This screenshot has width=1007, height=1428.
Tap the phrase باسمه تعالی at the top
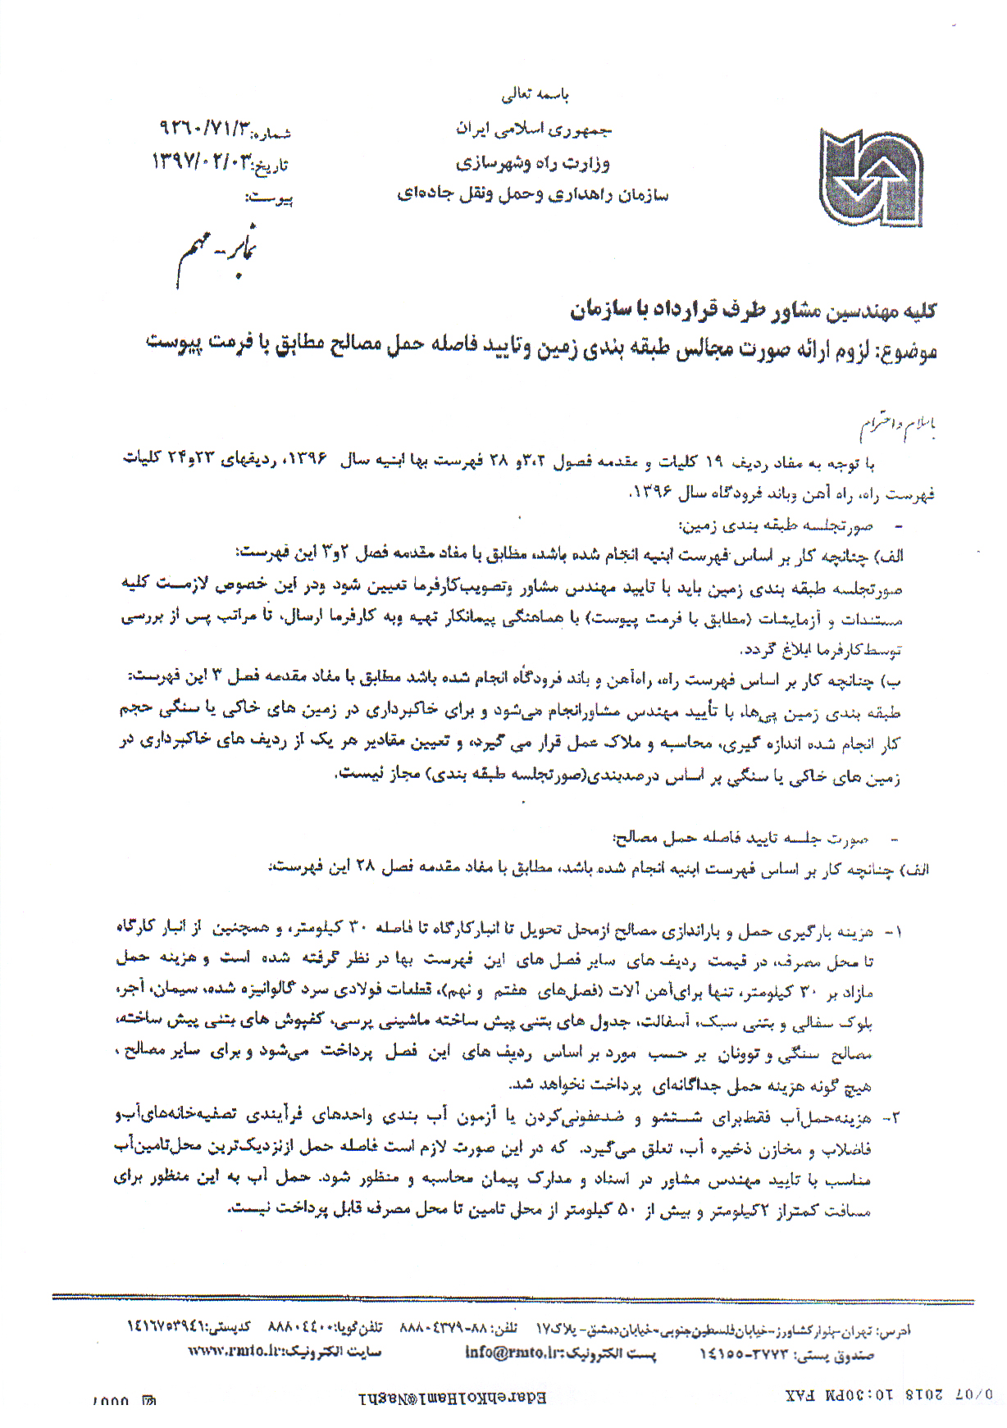point(535,95)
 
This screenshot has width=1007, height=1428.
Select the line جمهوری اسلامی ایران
point(534,130)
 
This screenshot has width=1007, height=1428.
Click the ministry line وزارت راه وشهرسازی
point(533,162)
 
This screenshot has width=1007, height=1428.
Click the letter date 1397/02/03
point(201,162)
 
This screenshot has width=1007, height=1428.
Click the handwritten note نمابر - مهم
point(217,250)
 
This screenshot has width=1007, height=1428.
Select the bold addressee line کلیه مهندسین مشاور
point(753,310)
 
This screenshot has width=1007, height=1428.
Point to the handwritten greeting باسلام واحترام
point(898,426)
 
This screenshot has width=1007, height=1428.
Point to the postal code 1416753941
point(168,1326)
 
